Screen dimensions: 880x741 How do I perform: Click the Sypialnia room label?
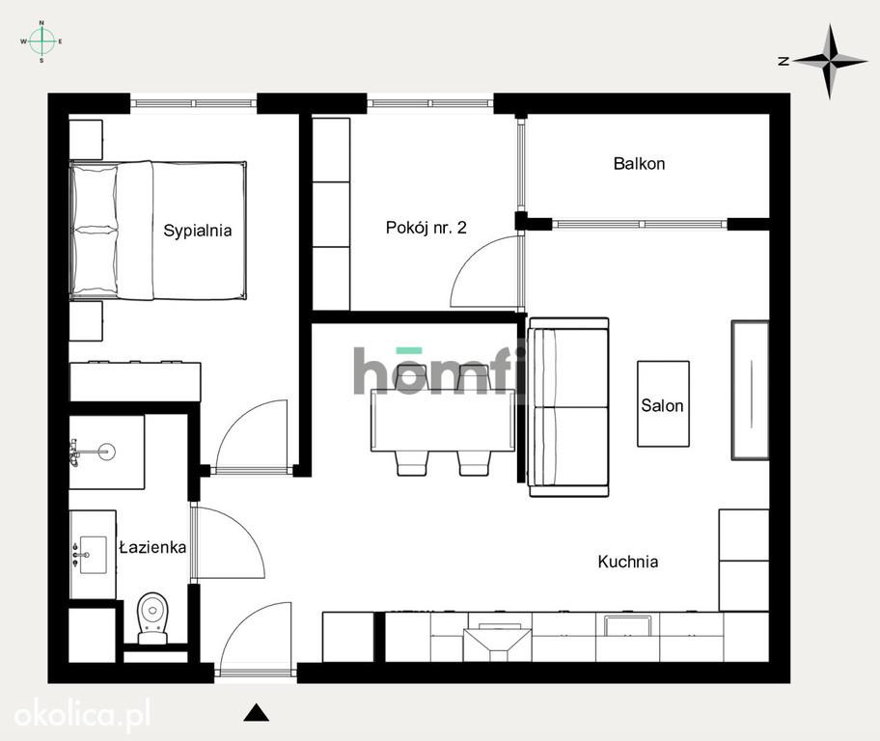(x=198, y=231)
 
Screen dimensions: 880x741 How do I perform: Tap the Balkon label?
(x=639, y=164)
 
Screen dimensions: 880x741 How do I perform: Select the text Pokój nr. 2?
(x=426, y=228)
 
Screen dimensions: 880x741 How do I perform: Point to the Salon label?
(x=662, y=405)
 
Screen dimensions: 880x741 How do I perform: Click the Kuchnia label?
(x=628, y=562)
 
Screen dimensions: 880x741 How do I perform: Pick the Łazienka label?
(x=152, y=547)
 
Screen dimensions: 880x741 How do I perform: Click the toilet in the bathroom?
(x=152, y=617)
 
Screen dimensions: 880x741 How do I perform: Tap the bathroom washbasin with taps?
(x=94, y=555)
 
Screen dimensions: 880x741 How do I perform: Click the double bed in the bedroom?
(x=158, y=231)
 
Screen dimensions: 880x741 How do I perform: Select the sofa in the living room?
(x=568, y=407)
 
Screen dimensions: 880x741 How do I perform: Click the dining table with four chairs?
(x=443, y=421)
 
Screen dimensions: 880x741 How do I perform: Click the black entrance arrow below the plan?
(x=257, y=712)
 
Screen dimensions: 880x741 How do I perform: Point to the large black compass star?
(x=830, y=61)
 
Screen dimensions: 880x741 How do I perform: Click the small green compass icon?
(x=41, y=41)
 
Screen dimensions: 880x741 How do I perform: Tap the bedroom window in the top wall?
(x=194, y=103)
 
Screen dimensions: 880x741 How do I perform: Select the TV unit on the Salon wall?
(x=751, y=390)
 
